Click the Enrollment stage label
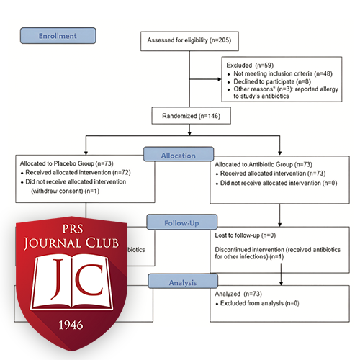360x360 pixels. [58, 35]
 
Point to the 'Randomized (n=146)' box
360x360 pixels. [188, 114]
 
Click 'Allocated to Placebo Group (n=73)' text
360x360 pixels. [66, 166]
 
